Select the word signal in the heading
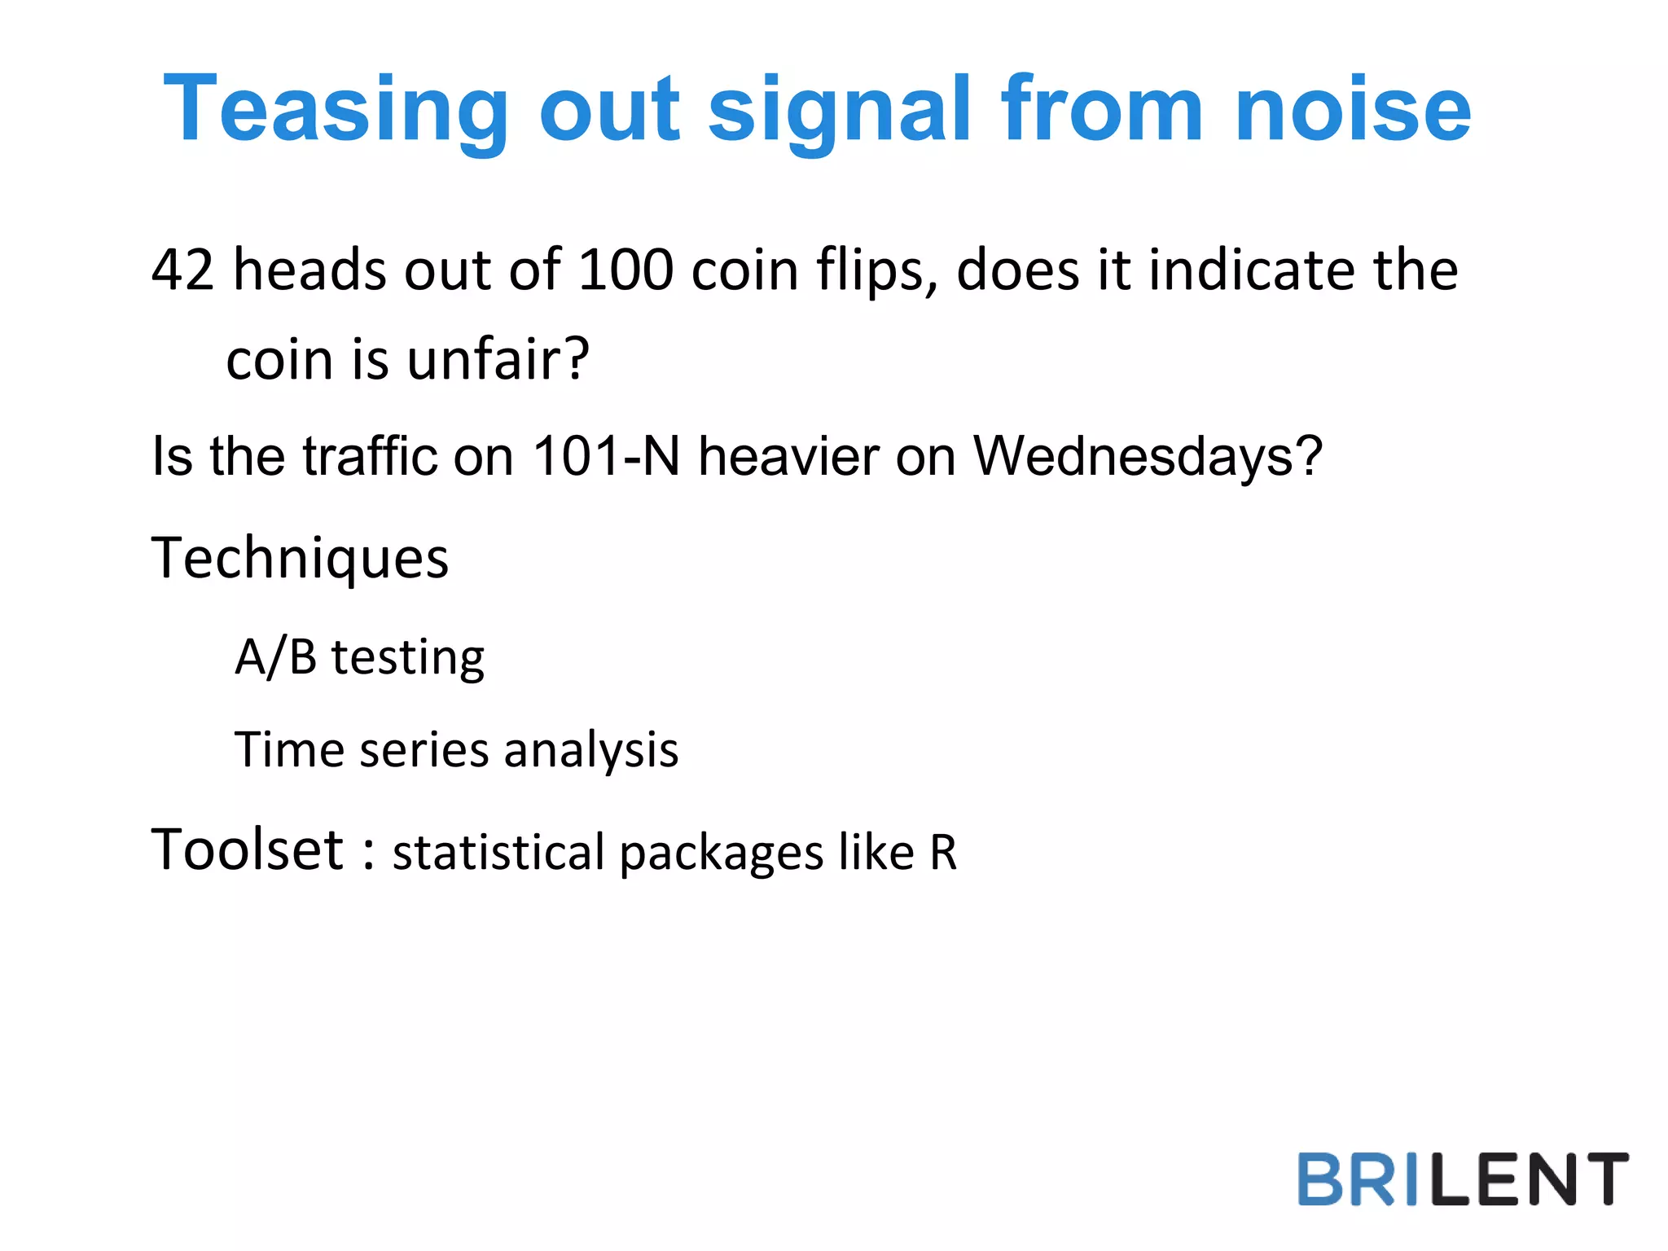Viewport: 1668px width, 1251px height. coord(840,110)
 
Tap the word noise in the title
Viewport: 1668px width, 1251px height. coord(1353,110)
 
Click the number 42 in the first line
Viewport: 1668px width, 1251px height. coord(183,270)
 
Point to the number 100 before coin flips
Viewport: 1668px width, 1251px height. coord(625,270)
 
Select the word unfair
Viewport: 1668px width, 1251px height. coord(498,360)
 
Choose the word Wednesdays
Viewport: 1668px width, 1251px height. coord(1148,456)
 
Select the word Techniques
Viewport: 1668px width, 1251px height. coord(300,560)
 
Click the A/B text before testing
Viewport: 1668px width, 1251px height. coord(275,657)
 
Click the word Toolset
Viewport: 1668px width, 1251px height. coord(248,850)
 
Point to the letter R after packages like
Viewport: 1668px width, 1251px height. coord(943,854)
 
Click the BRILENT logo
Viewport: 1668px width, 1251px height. coord(1463,1179)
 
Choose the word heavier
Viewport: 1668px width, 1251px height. coord(788,456)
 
